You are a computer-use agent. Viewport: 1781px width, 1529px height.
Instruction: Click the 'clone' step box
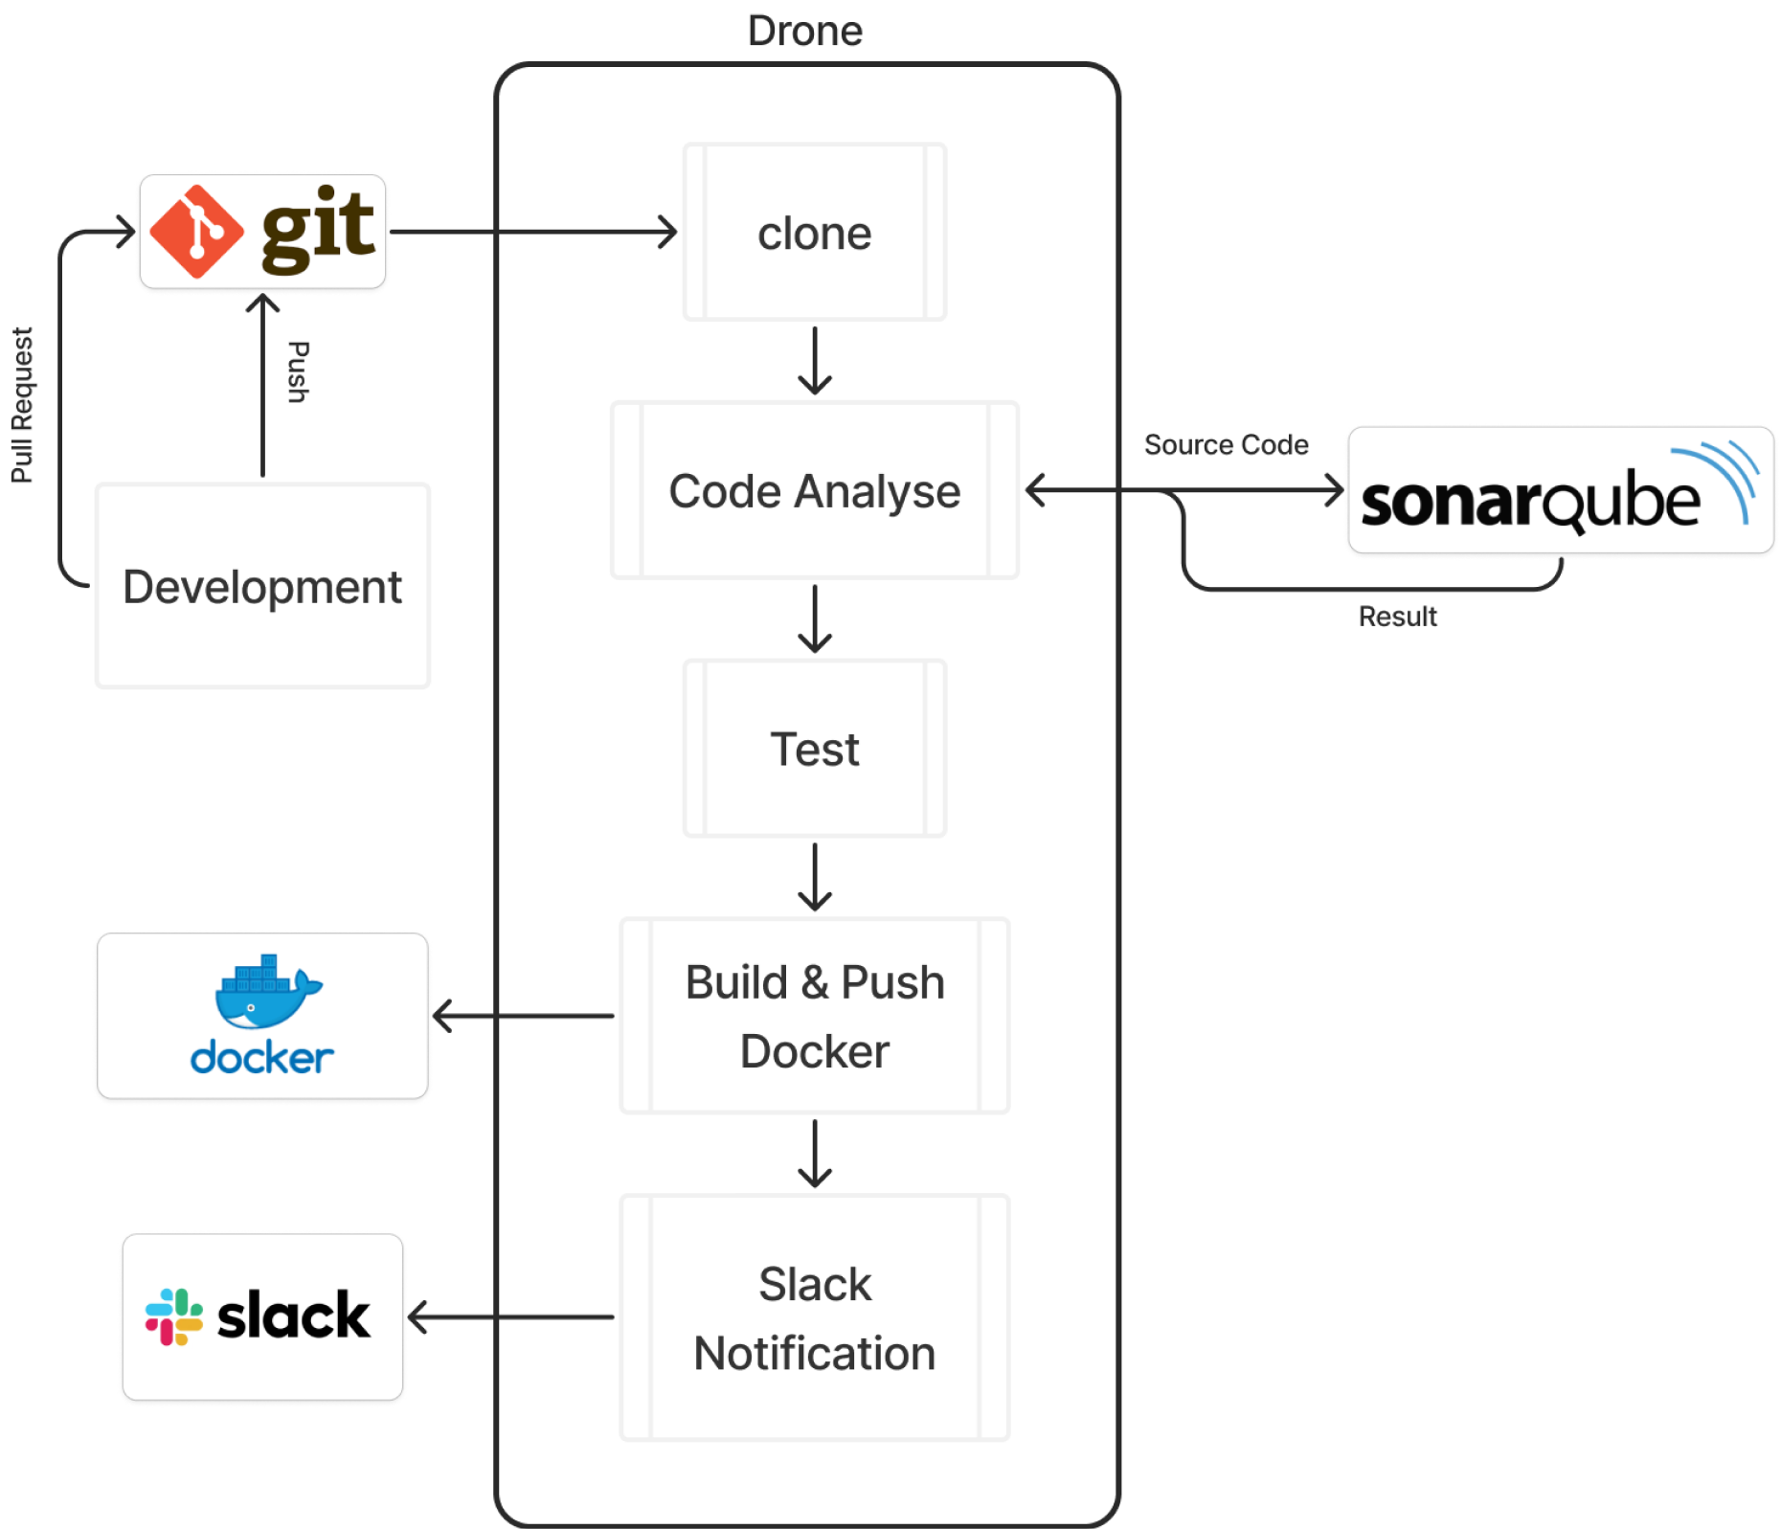point(814,233)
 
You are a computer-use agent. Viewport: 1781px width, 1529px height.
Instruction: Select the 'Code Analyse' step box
point(814,490)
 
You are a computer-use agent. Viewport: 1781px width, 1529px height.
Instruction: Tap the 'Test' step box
point(814,749)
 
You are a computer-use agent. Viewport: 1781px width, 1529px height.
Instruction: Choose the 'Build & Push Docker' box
point(814,1016)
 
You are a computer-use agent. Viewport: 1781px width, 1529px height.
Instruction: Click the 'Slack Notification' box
point(814,1317)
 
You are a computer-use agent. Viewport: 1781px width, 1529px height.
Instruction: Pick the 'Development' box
point(262,586)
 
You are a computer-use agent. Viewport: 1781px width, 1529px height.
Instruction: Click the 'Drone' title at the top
point(804,31)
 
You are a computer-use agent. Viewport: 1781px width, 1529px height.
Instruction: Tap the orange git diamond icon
point(196,232)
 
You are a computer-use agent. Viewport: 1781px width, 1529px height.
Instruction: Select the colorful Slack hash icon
point(173,1316)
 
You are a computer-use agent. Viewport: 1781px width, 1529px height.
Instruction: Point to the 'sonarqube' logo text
point(1530,502)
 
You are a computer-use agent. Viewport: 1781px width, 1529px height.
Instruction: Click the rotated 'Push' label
point(298,371)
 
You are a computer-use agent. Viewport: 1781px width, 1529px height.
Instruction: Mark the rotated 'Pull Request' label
point(22,404)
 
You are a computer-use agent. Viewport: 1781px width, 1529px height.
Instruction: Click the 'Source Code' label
point(1225,444)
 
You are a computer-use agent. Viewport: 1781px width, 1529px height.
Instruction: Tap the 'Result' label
point(1397,617)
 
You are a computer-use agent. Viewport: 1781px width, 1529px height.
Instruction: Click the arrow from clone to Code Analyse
point(814,361)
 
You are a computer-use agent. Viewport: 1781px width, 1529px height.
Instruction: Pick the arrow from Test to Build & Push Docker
point(814,877)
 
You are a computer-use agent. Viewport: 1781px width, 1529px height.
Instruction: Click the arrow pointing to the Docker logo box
point(522,1016)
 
